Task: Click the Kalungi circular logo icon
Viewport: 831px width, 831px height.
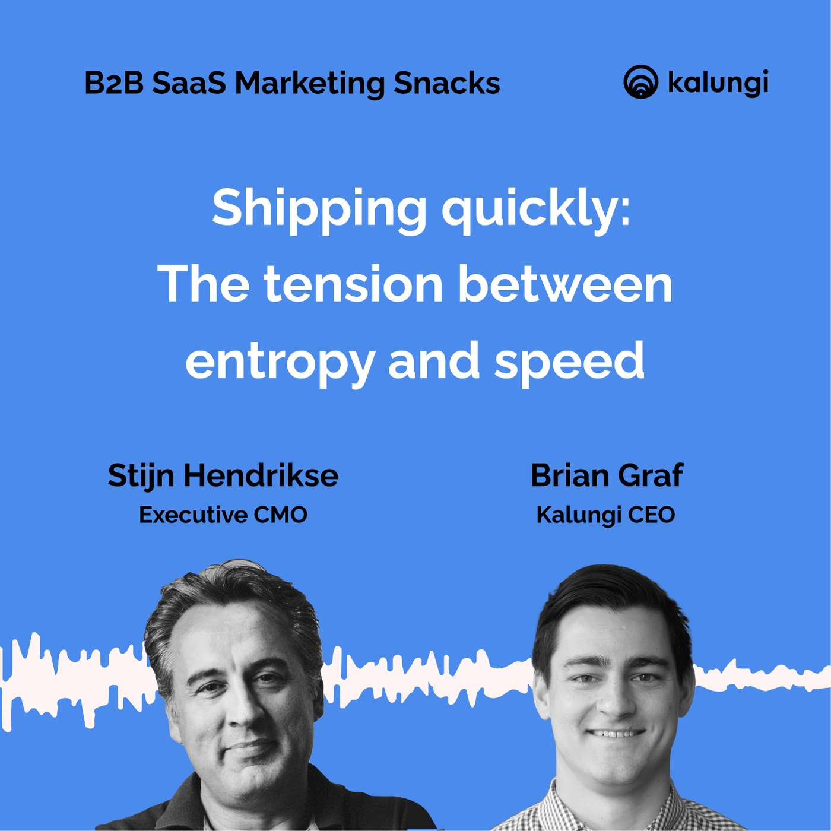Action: pyautogui.click(x=640, y=82)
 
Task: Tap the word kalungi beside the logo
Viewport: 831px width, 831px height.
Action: pyautogui.click(x=718, y=83)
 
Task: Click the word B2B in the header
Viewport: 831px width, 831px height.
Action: pyautogui.click(x=114, y=83)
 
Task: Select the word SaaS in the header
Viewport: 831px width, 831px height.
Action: pyautogui.click(x=189, y=83)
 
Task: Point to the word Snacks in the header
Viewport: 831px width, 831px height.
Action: pyautogui.click(x=446, y=83)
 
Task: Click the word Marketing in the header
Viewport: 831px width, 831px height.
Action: pyautogui.click(x=309, y=84)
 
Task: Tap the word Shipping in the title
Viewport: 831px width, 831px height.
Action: pyautogui.click(x=319, y=209)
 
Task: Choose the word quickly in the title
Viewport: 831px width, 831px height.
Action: pyautogui.click(x=536, y=209)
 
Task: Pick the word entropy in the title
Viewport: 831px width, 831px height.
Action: pyautogui.click(x=280, y=361)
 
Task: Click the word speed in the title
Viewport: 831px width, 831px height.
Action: pyautogui.click(x=570, y=361)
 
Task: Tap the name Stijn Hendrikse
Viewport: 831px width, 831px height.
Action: pyautogui.click(x=223, y=475)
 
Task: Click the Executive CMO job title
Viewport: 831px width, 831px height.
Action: pyautogui.click(x=223, y=515)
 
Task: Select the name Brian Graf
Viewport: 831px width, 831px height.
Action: pyautogui.click(x=607, y=475)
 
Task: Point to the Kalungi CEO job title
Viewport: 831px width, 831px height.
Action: pyautogui.click(x=605, y=515)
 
